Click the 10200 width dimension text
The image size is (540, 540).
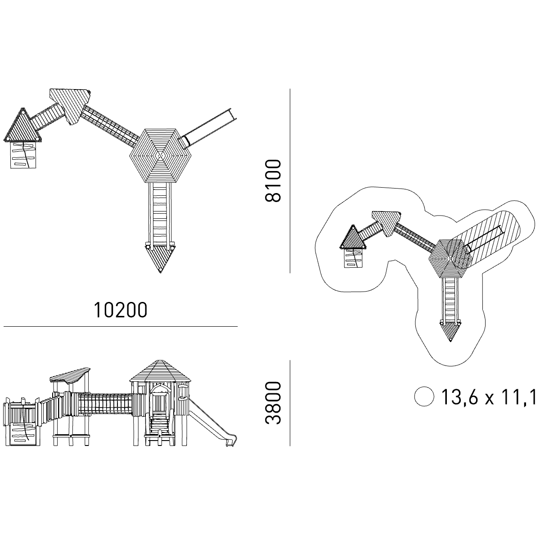(120, 310)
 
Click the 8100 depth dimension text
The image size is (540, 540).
(273, 180)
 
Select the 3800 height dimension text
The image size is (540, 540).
(273, 403)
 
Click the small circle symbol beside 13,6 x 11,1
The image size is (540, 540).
(424, 397)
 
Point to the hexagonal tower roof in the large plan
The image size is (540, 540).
(160, 156)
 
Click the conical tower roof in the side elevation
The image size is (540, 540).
(159, 370)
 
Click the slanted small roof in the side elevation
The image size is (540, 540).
(70, 374)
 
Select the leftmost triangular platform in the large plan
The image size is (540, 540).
(23, 127)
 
